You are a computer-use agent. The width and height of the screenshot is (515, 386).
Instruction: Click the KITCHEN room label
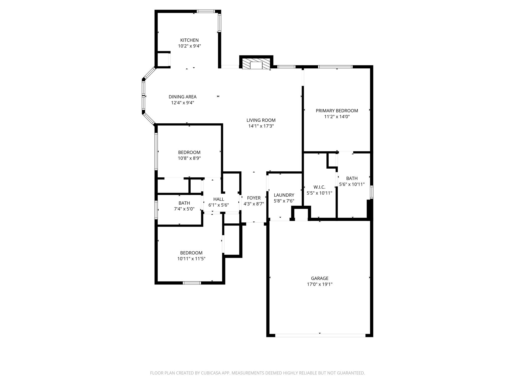click(x=189, y=40)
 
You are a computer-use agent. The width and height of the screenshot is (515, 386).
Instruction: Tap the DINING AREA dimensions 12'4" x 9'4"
click(x=182, y=103)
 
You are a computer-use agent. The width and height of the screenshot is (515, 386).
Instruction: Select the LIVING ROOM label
click(x=261, y=120)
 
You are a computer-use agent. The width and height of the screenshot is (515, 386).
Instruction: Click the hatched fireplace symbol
click(x=256, y=64)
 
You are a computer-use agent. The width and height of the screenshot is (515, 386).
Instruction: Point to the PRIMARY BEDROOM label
click(x=337, y=111)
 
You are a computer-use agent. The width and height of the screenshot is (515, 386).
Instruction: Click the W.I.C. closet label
click(x=319, y=187)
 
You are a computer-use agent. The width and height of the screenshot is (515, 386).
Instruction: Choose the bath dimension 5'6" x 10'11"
click(x=352, y=184)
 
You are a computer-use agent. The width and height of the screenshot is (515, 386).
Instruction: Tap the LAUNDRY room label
click(x=284, y=195)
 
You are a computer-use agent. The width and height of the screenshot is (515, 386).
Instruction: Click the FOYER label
click(x=253, y=198)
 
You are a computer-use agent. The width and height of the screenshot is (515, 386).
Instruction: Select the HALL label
click(x=219, y=199)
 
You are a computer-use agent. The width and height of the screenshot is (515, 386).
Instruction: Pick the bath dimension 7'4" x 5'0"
click(x=184, y=209)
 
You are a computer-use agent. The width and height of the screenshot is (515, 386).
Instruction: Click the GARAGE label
click(x=320, y=278)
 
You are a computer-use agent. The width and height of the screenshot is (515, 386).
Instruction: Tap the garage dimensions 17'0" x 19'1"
click(x=320, y=284)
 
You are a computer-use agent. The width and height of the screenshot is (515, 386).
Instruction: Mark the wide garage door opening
click(x=320, y=335)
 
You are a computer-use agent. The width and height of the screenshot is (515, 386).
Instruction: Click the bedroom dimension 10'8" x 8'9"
click(x=189, y=158)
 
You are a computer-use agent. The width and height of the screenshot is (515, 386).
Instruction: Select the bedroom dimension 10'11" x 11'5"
click(x=191, y=259)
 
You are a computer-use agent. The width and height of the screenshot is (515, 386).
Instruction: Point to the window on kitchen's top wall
click(x=206, y=11)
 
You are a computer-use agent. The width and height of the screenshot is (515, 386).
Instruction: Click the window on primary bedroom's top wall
click(x=335, y=67)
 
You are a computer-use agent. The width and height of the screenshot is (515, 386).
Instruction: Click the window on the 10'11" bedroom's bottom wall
click(x=192, y=283)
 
